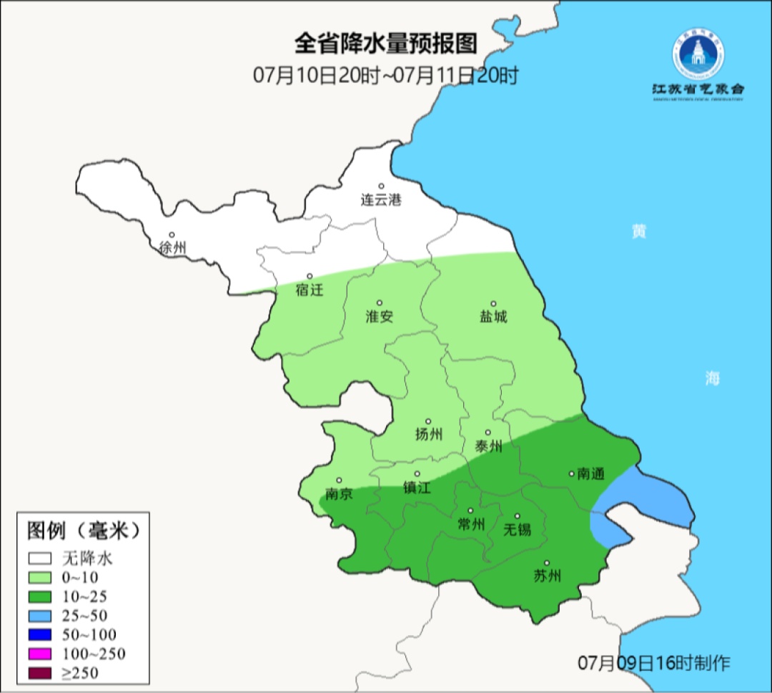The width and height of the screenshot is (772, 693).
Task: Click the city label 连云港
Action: (x=380, y=200)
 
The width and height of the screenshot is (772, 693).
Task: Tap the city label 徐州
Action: (x=172, y=248)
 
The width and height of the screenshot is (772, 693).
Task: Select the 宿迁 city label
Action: (x=310, y=290)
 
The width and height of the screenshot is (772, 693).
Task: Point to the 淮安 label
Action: (x=380, y=317)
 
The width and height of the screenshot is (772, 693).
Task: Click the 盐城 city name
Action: (x=493, y=317)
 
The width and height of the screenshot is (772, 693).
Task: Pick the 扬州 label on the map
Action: (x=429, y=435)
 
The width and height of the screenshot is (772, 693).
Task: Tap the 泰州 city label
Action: (x=488, y=447)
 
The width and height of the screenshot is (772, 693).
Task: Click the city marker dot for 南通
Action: (x=571, y=473)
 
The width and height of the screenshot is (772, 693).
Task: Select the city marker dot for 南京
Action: (x=339, y=481)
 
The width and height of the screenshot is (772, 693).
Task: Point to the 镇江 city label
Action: (x=417, y=488)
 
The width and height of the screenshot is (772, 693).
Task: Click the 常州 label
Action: (x=470, y=524)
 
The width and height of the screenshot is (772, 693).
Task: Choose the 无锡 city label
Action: (x=518, y=530)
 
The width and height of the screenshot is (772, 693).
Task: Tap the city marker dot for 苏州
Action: (x=547, y=563)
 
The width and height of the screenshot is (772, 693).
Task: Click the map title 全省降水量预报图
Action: (x=386, y=44)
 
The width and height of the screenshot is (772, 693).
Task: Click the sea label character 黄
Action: (x=638, y=232)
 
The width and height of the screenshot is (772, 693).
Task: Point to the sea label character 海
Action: (x=712, y=379)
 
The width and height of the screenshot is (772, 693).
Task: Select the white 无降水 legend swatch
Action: (x=40, y=559)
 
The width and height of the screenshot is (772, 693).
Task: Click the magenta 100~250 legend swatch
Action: (x=40, y=654)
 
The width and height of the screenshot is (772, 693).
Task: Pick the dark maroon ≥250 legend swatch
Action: (x=40, y=672)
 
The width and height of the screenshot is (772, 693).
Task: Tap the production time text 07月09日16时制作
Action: (x=654, y=663)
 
